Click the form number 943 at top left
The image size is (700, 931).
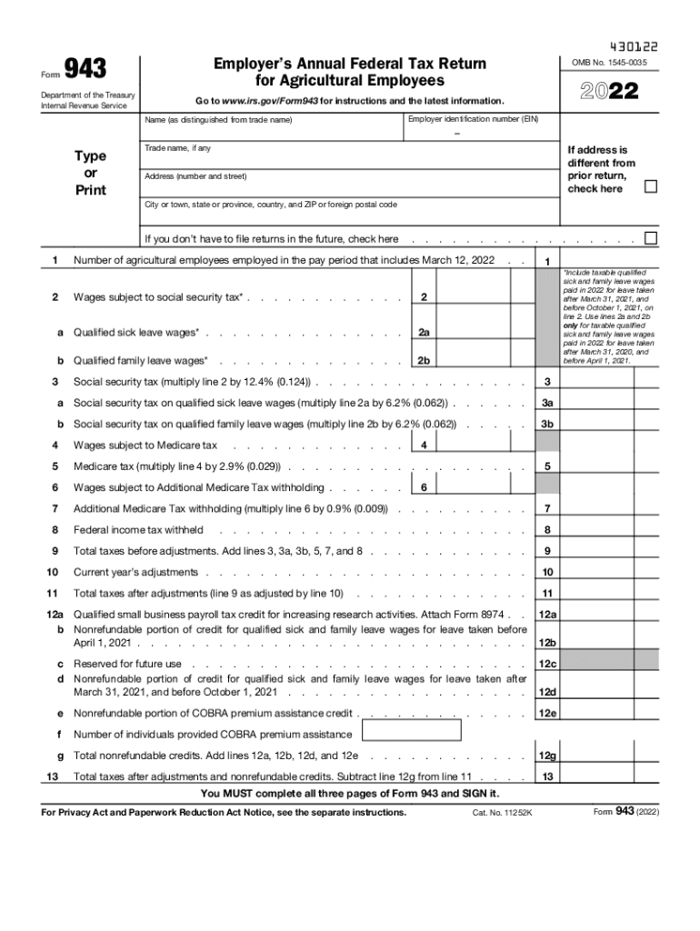pos(85,68)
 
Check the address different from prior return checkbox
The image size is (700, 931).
pos(650,187)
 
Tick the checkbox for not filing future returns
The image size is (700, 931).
pos(650,238)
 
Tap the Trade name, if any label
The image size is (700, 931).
pos(177,147)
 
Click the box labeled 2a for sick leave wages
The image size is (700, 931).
pos(424,333)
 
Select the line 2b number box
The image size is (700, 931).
pos(424,361)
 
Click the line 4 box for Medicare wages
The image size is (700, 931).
pos(424,445)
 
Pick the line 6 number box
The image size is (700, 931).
pos(424,487)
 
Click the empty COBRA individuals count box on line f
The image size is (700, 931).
pos(412,732)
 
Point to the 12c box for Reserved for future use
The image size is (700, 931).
pos(547,664)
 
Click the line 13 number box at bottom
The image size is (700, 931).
pos(547,776)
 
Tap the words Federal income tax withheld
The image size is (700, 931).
pos(138,530)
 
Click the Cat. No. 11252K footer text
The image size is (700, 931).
pos(502,812)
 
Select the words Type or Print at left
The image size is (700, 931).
pos(90,173)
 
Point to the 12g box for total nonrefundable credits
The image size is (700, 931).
pos(547,756)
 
